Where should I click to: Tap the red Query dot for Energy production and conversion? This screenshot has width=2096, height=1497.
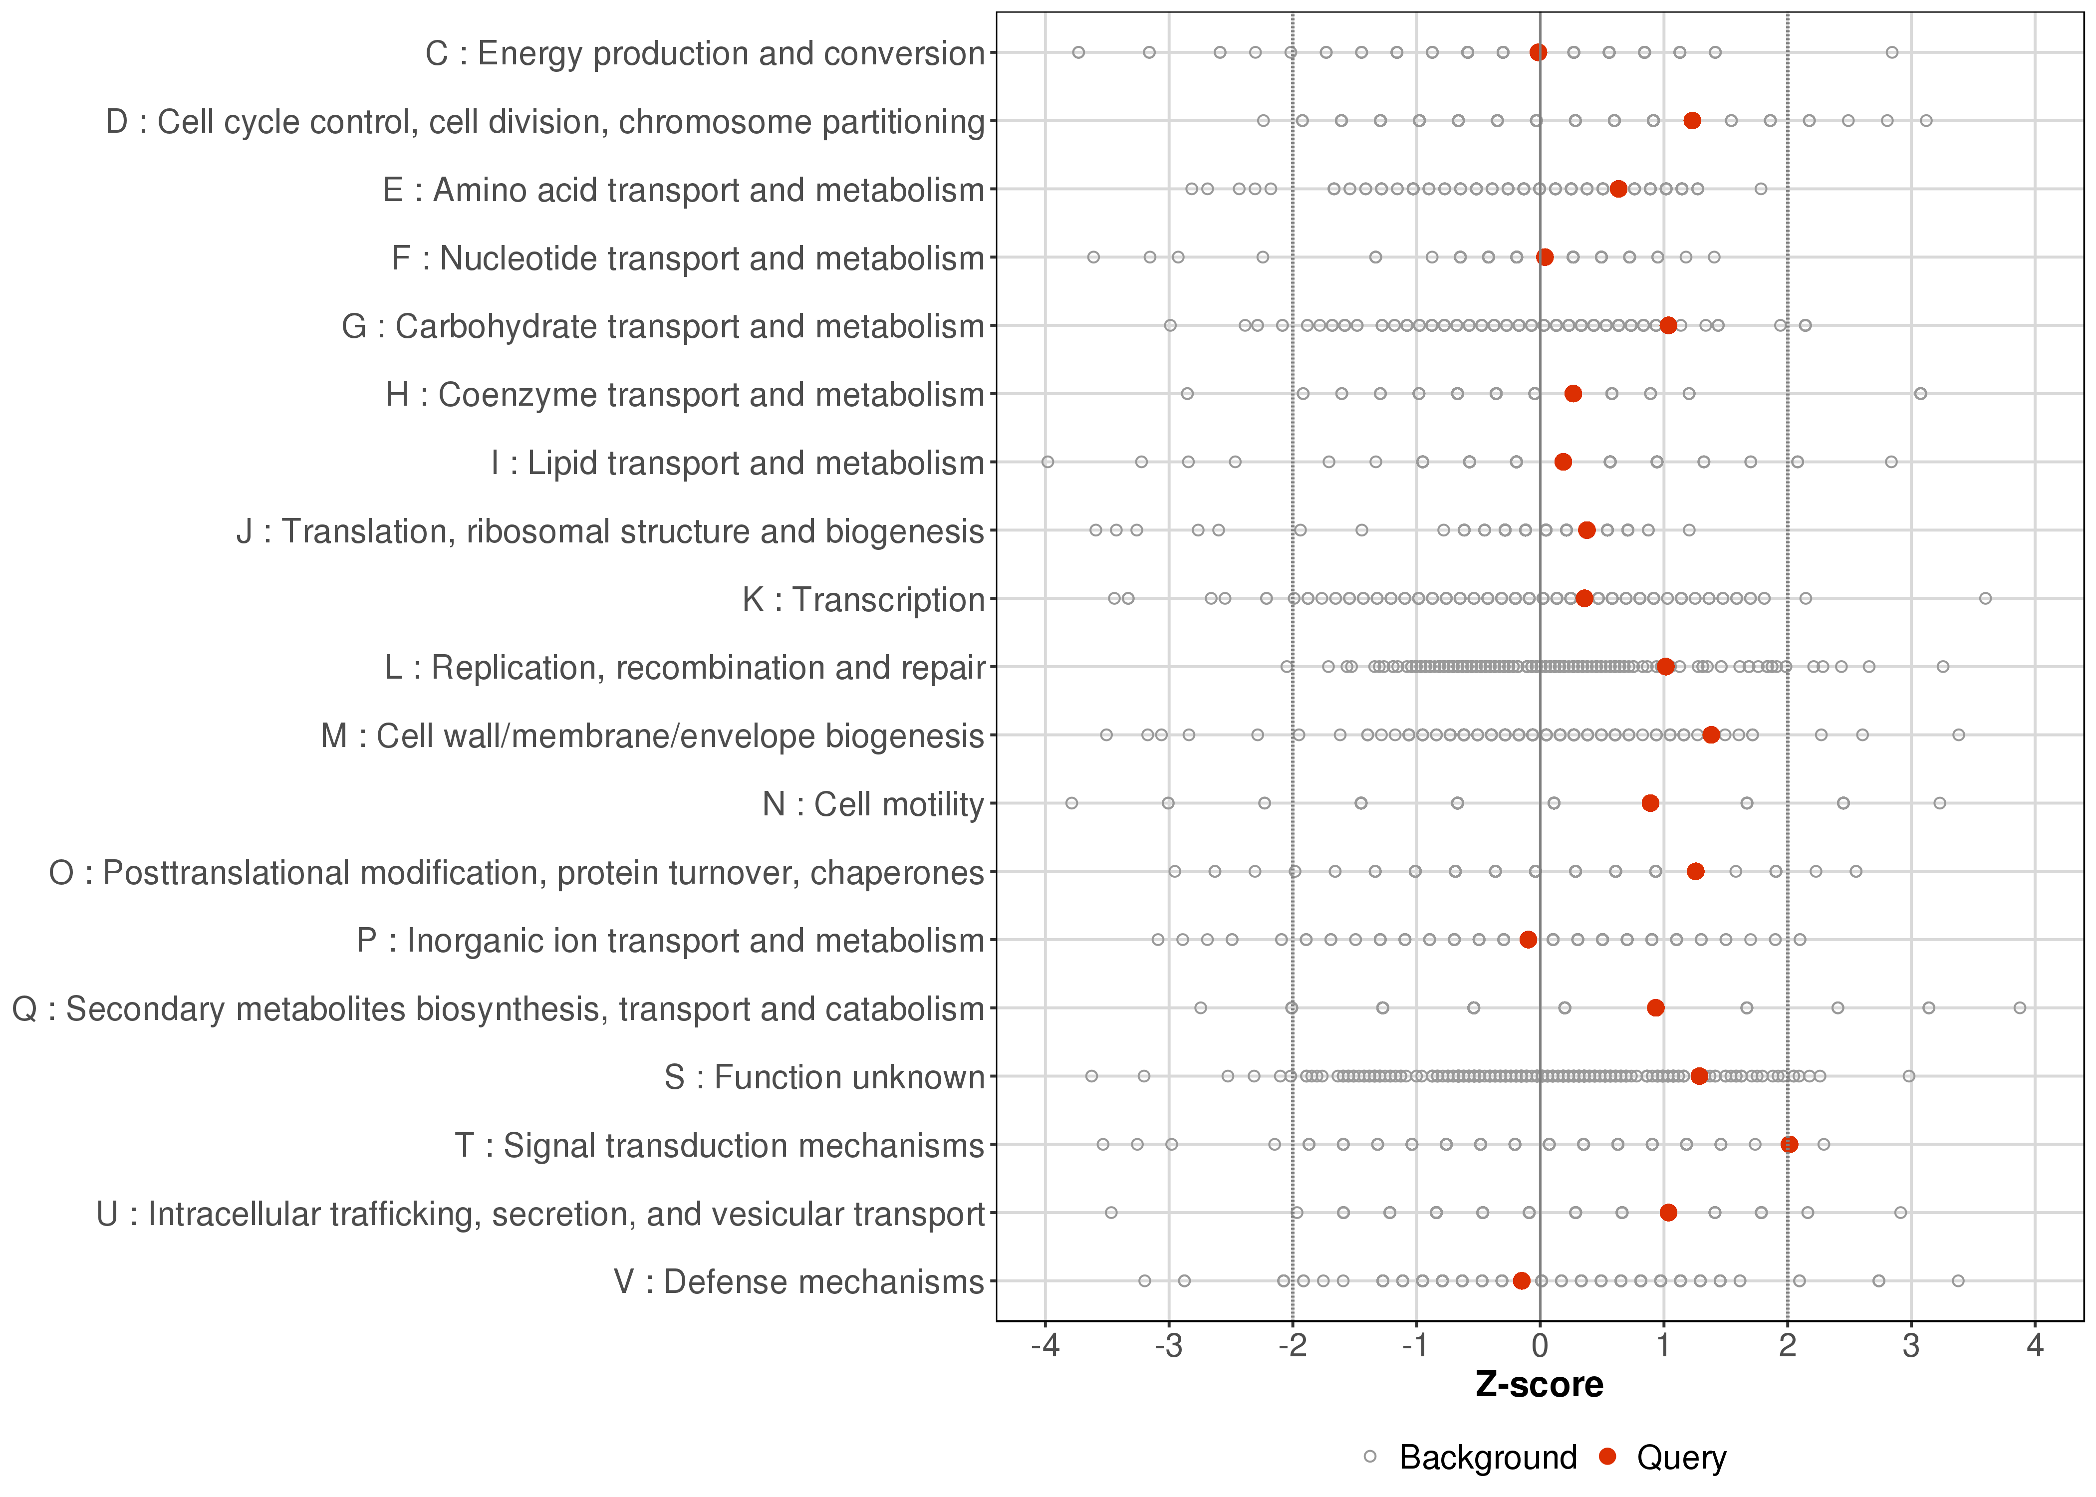[1539, 52]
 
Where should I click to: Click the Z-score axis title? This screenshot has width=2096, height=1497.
[1539, 1385]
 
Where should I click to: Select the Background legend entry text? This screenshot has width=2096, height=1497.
[1488, 1458]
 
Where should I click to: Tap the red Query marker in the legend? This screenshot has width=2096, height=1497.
[1608, 1457]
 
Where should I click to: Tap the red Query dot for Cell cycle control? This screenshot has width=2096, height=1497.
[1692, 121]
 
